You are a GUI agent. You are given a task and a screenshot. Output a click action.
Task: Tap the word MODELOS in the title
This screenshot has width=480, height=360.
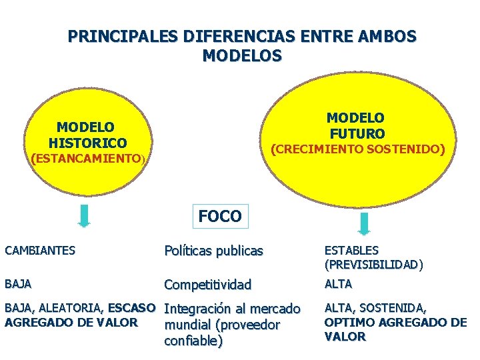tap(242, 55)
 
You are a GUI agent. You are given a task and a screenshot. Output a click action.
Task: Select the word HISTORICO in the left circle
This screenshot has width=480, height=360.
tap(87, 143)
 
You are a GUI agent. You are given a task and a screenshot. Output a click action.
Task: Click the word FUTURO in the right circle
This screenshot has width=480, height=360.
tap(357, 134)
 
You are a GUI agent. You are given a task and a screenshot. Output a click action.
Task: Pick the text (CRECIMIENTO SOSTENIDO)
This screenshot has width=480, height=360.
tap(357, 149)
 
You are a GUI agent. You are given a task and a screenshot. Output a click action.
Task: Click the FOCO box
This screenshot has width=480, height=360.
tap(220, 216)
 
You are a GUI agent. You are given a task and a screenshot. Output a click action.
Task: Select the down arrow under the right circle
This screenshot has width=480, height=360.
tap(365, 223)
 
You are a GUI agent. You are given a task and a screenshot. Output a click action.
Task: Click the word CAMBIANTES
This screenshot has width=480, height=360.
tap(40, 251)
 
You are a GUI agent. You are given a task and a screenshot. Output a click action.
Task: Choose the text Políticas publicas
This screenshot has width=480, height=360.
tap(213, 251)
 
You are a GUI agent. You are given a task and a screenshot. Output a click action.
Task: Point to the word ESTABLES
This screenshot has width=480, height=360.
tap(351, 251)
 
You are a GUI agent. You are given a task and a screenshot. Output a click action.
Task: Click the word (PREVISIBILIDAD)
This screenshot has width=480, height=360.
tap(373, 265)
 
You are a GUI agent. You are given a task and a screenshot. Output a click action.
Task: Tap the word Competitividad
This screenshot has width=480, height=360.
tap(207, 285)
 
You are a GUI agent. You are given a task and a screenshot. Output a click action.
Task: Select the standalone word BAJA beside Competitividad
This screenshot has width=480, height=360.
tap(18, 284)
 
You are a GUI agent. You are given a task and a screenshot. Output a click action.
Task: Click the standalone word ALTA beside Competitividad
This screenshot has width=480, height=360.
tap(338, 284)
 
